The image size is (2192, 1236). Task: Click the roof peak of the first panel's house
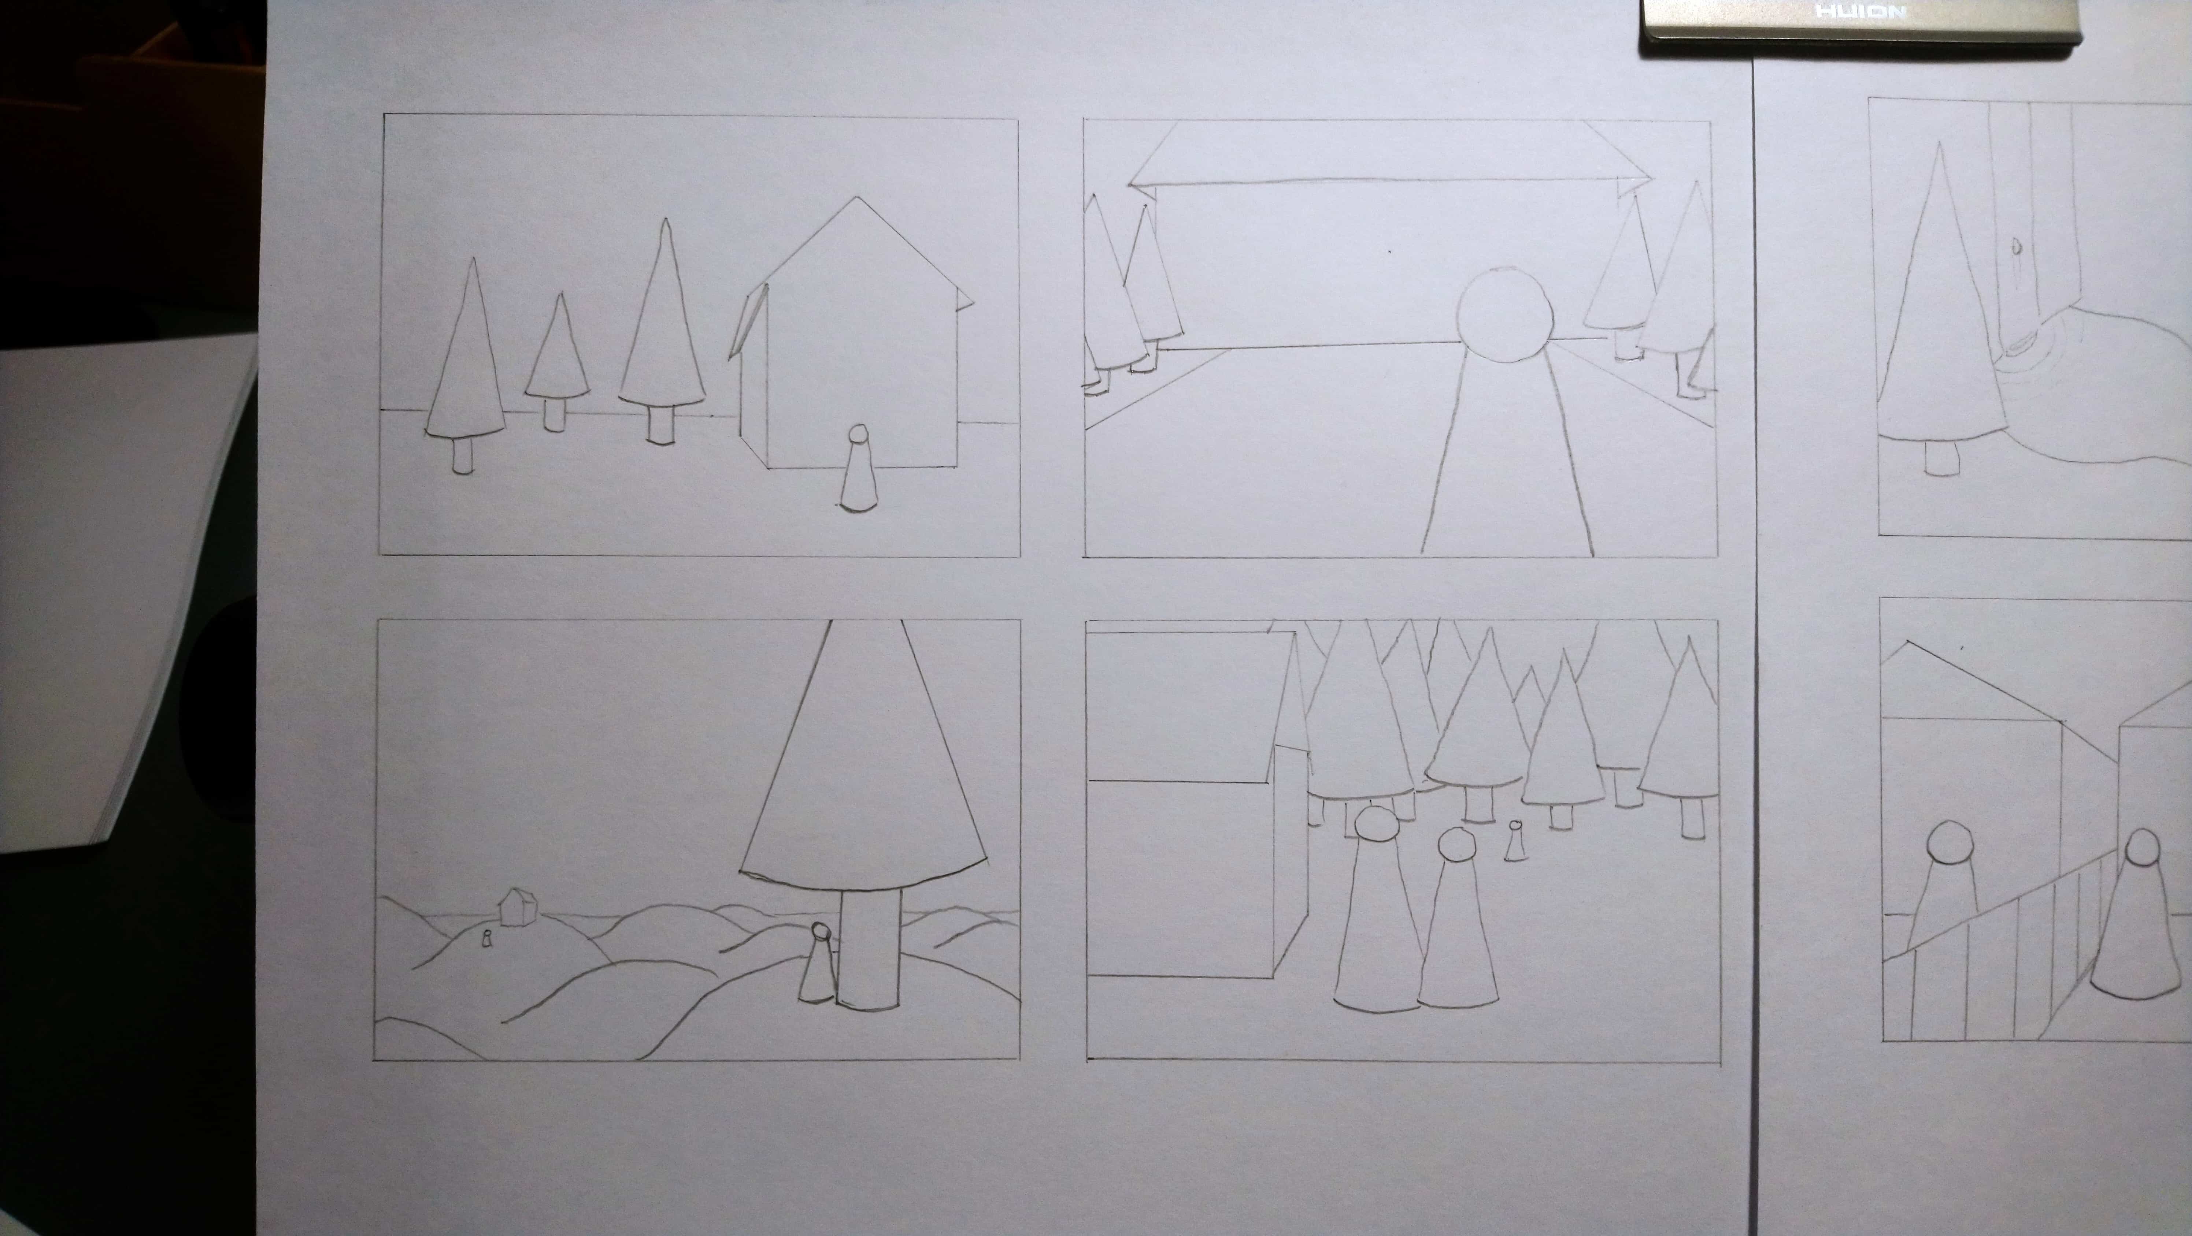pyautogui.click(x=857, y=198)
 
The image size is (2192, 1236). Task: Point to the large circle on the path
pyautogui.click(x=1504, y=316)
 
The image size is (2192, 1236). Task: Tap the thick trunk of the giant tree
pyautogui.click(x=869, y=949)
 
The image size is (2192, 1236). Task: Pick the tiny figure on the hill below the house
pyautogui.click(x=487, y=939)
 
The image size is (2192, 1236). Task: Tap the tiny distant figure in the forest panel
pyautogui.click(x=1515, y=841)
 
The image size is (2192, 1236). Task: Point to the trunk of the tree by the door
pyautogui.click(x=1941, y=458)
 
